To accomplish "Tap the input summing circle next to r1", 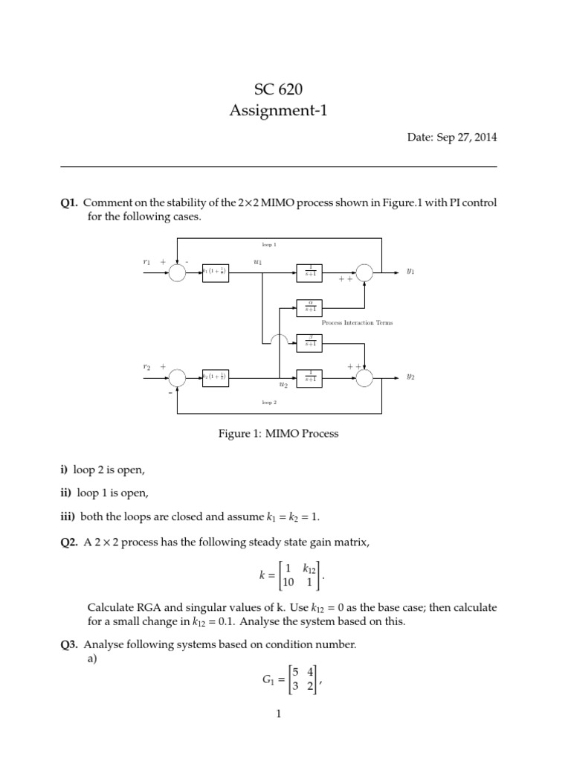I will point(177,273).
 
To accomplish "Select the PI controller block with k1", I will point(215,273).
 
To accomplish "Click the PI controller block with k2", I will point(215,378).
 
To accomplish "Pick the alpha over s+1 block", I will point(309,306).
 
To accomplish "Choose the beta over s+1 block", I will point(309,342).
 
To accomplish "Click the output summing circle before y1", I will point(364,273).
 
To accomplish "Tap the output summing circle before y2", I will point(364,378).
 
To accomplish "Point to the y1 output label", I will point(410,272).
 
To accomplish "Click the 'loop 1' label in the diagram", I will point(269,244).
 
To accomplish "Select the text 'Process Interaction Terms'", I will point(357,323).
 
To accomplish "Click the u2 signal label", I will point(283,385).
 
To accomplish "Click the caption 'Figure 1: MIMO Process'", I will point(279,434).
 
